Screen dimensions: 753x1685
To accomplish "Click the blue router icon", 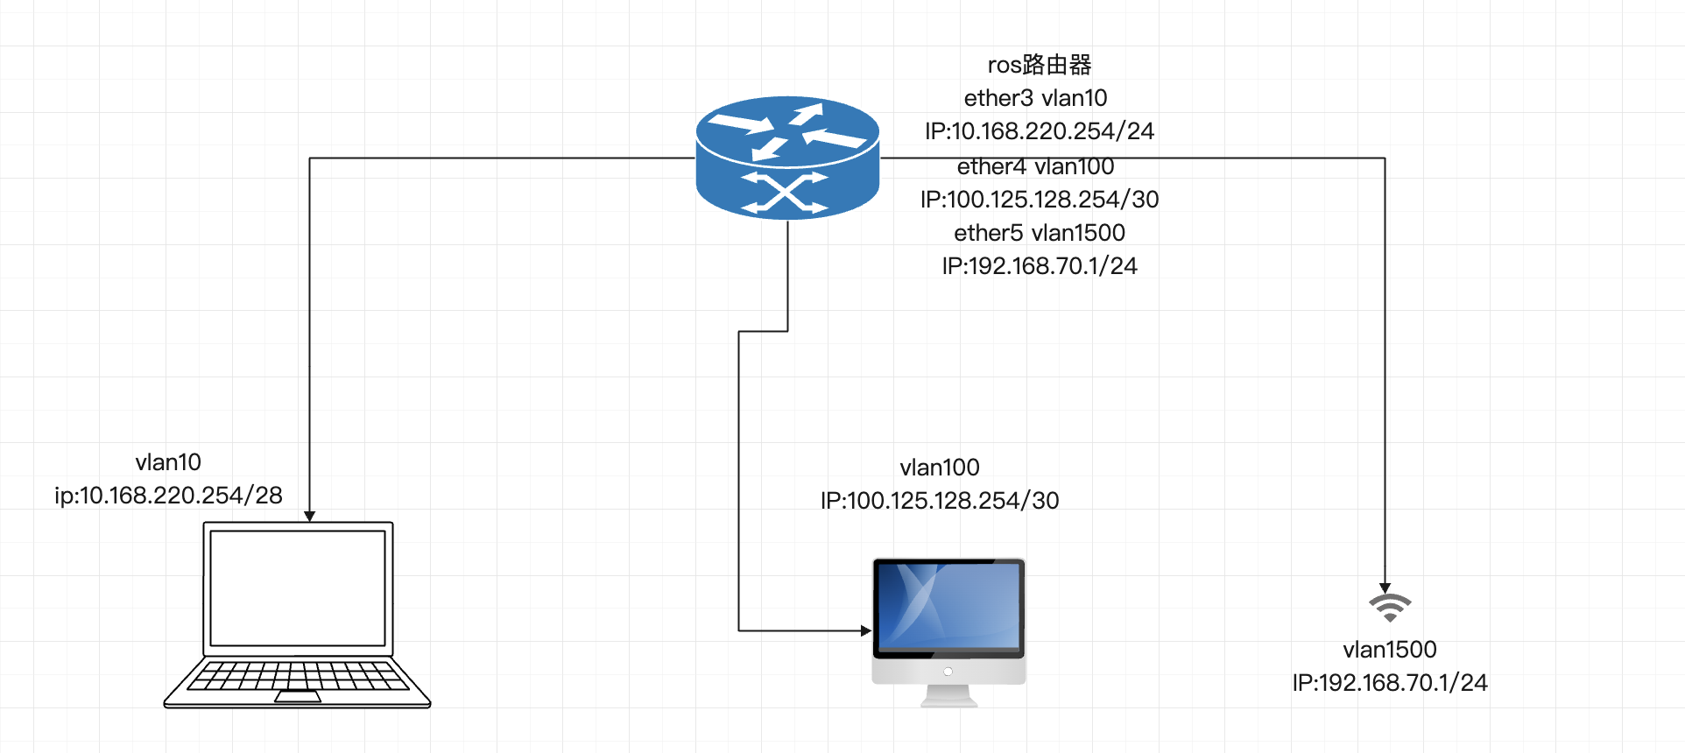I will coord(787,158).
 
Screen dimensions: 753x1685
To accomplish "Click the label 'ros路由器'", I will coord(1040,65).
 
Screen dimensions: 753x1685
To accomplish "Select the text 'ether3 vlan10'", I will coord(1035,98).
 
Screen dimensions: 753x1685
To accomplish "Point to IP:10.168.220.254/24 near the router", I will coord(1040,131).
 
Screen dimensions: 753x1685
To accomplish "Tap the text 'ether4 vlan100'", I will coord(1035,166).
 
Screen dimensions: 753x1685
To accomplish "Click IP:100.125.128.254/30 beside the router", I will coord(1040,200).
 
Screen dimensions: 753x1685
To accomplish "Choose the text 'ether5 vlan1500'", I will coord(1040,233).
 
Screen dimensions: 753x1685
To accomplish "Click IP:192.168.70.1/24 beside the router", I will coord(1040,266).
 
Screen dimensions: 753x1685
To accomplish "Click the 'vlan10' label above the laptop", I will coord(168,462).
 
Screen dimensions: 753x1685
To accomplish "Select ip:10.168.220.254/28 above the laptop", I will coord(168,496).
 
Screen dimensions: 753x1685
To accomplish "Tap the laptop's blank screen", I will coord(298,588).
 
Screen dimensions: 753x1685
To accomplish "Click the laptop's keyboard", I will coord(298,676).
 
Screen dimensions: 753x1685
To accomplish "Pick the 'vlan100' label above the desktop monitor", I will coord(940,468).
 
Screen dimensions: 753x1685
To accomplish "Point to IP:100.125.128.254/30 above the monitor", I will coord(940,501).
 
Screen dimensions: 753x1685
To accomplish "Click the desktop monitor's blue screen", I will coord(949,606).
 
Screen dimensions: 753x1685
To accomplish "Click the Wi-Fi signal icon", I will coord(1390,607).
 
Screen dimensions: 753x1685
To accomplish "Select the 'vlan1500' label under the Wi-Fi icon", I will coord(1390,650).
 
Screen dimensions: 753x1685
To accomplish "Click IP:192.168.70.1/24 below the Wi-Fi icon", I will coord(1390,683).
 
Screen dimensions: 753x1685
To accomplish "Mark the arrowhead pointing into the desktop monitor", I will coord(866,630).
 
